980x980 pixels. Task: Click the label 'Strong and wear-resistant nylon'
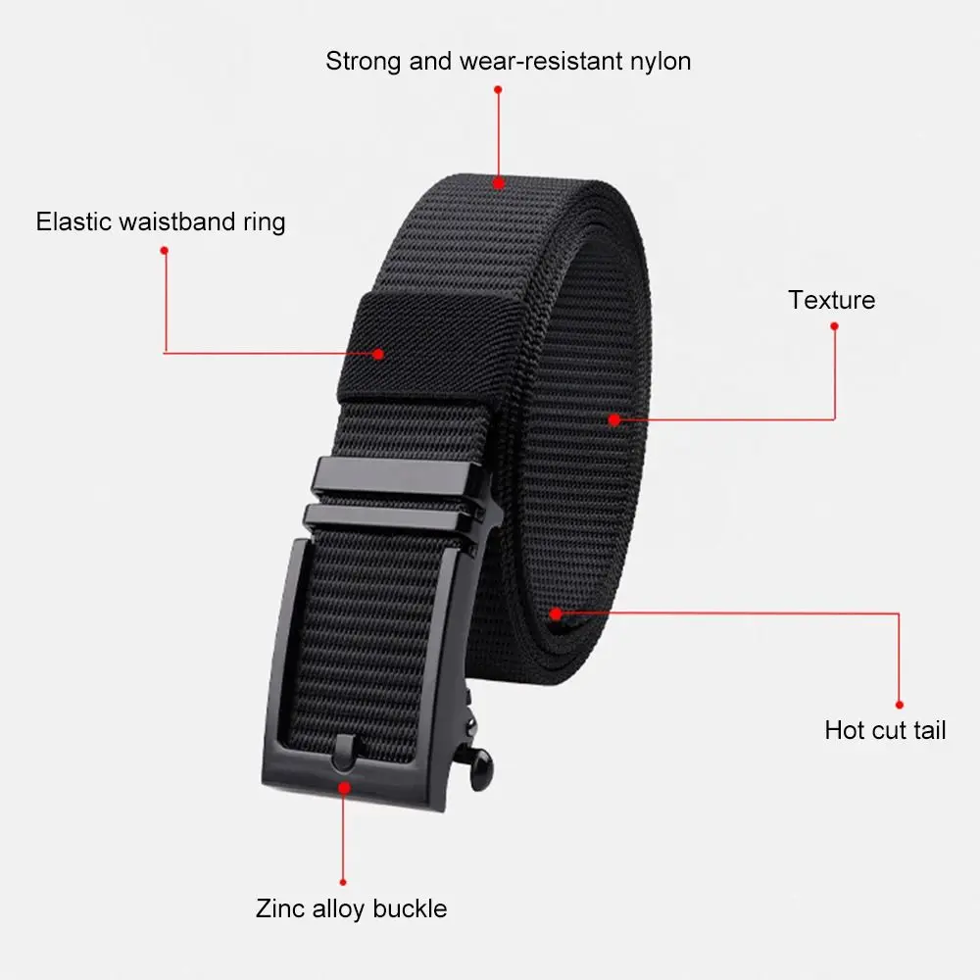pos(508,61)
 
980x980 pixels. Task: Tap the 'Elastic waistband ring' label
pos(161,221)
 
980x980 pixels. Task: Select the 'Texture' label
pos(831,300)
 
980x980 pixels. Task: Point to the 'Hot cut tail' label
pos(885,730)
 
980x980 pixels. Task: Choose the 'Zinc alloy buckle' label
pos(351,908)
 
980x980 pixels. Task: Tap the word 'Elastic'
pos(73,221)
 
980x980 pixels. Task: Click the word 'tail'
pos(928,730)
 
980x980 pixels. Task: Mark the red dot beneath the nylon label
pos(498,89)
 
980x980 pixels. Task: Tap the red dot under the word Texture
pos(834,326)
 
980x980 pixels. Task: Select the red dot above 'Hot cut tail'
pos(899,704)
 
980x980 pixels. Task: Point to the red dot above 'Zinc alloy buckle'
pos(343,882)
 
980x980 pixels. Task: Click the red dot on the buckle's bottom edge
pos(344,786)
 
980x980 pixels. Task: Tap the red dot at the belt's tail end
pos(556,614)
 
